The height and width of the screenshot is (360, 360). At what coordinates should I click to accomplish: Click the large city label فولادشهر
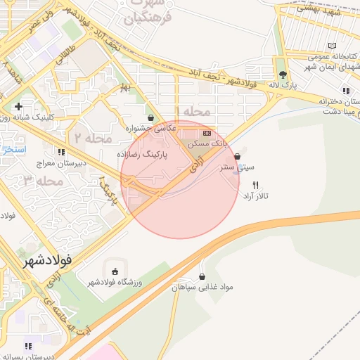pyautogui.click(x=48, y=261)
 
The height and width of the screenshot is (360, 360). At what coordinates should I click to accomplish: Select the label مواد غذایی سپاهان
pyautogui.click(x=202, y=288)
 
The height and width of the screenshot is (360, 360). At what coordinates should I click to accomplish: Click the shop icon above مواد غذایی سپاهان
pyautogui.click(x=202, y=276)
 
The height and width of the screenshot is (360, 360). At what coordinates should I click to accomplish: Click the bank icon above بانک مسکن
pyautogui.click(x=207, y=132)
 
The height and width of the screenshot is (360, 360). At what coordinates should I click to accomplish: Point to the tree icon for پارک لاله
pyautogui.click(x=283, y=74)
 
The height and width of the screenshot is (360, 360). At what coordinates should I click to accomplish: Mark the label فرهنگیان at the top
pyautogui.click(x=148, y=19)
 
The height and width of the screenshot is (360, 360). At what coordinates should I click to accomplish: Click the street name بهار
pyautogui.click(x=126, y=87)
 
